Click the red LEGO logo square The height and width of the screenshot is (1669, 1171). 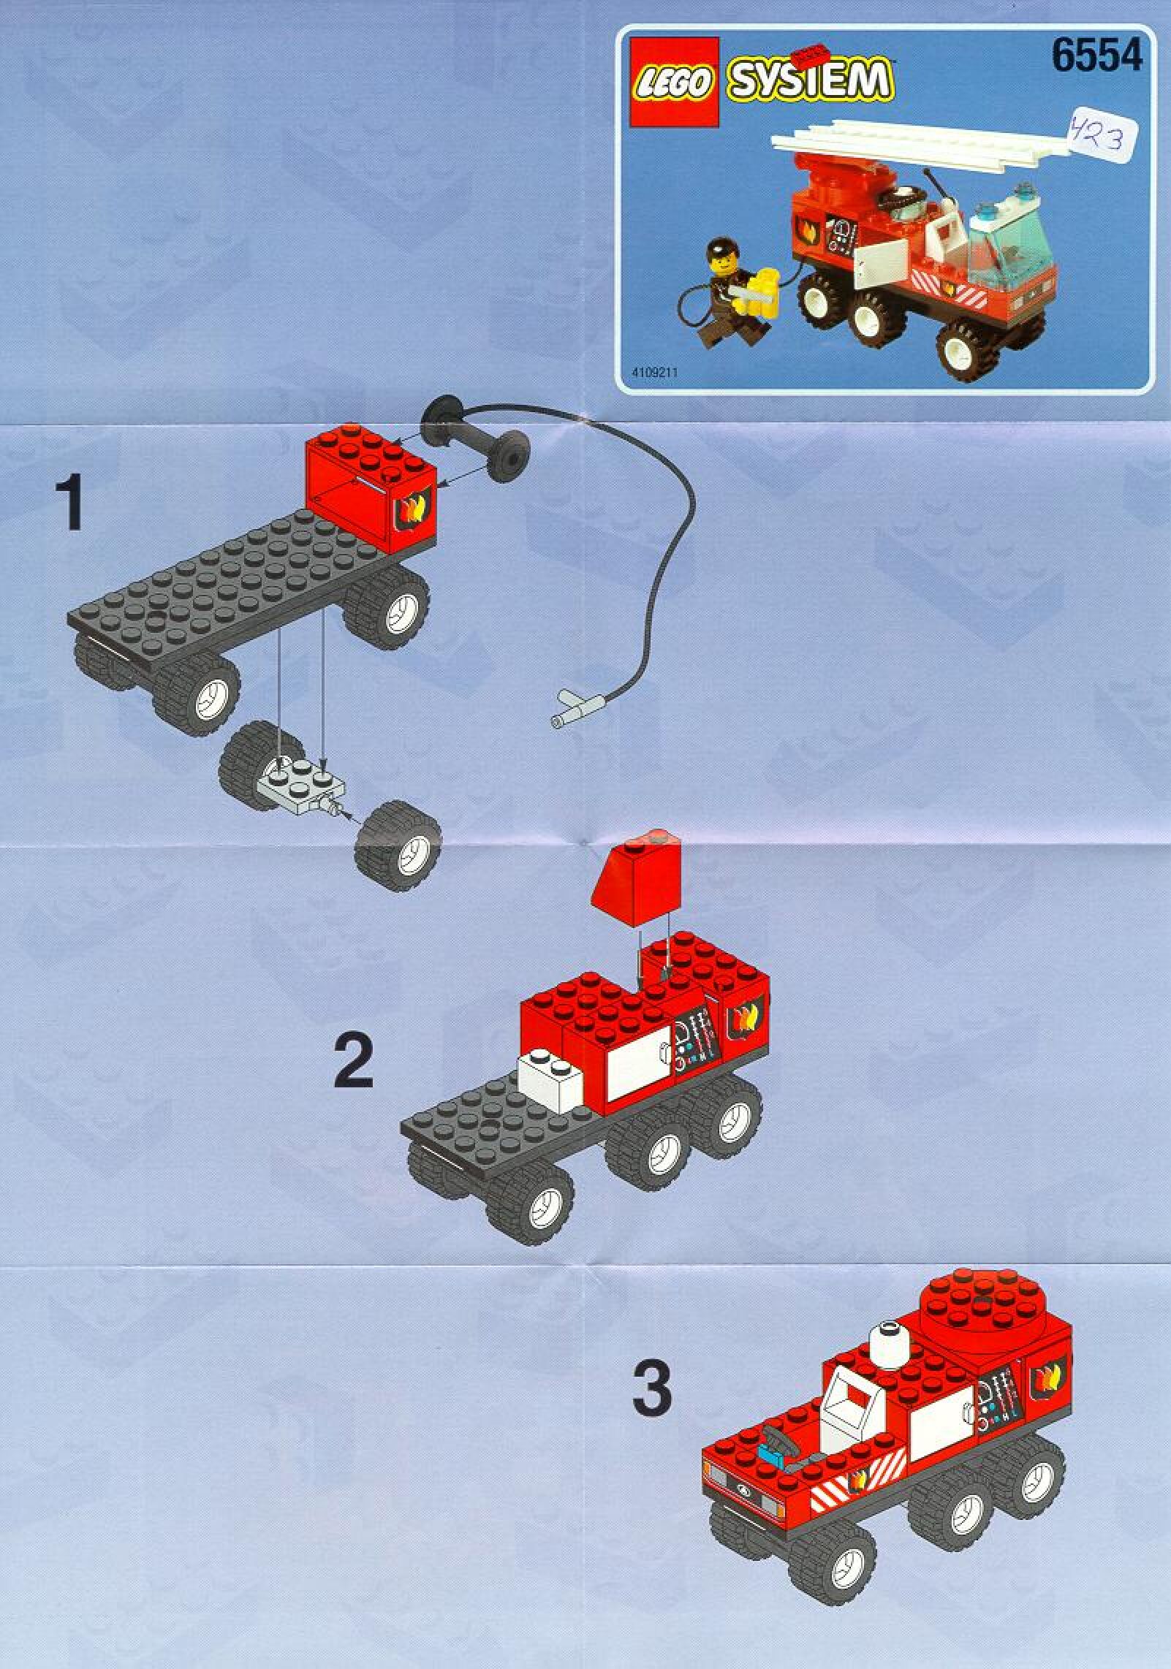tap(670, 81)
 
